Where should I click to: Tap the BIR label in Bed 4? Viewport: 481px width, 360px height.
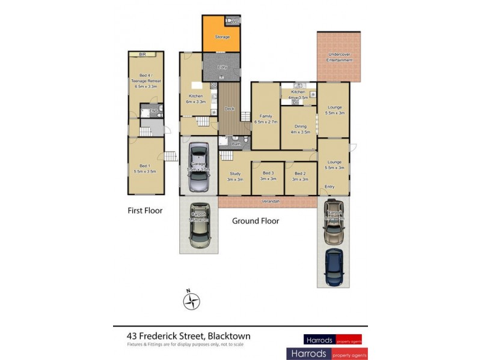tap(142, 55)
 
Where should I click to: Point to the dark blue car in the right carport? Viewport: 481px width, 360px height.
tap(332, 267)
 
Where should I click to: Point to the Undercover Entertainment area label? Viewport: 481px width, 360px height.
tap(339, 57)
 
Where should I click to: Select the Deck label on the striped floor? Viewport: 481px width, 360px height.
tap(228, 109)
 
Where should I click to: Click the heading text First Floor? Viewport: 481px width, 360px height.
tap(145, 211)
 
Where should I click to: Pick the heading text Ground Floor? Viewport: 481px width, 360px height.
tap(256, 221)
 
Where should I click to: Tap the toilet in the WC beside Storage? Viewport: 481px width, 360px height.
tap(231, 21)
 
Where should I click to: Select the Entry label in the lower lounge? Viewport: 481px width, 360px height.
tap(329, 187)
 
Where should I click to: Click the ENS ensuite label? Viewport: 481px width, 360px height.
tap(153, 110)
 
